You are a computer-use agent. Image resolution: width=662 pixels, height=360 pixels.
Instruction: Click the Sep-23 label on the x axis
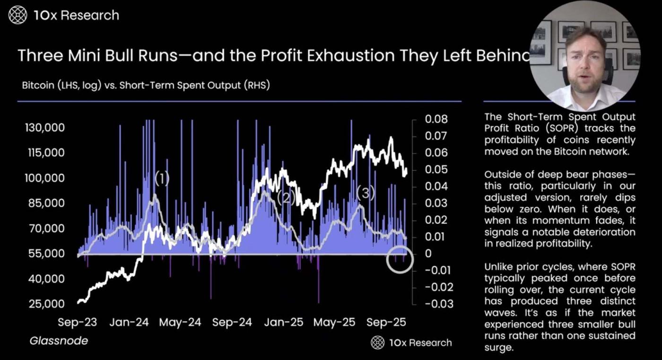(77, 323)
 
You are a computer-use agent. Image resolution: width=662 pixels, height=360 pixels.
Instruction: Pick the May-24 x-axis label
(180, 323)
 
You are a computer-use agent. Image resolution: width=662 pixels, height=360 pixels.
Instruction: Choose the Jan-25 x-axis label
(283, 323)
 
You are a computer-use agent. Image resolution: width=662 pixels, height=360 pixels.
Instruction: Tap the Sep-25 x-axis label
(386, 323)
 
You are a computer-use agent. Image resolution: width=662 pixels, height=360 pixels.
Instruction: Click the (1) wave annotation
(162, 179)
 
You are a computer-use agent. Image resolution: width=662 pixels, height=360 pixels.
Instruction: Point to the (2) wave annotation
(286, 197)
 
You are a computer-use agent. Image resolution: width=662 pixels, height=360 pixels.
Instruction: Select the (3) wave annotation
(366, 193)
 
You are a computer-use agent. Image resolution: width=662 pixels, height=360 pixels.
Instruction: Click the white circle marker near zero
(400, 260)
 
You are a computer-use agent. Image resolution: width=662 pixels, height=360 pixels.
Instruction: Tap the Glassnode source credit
(59, 341)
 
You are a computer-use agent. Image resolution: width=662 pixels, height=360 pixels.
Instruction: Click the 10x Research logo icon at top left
(18, 16)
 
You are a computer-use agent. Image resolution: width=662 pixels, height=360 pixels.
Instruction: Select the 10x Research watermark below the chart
(411, 342)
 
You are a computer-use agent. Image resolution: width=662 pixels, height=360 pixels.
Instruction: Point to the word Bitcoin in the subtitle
(38, 86)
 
